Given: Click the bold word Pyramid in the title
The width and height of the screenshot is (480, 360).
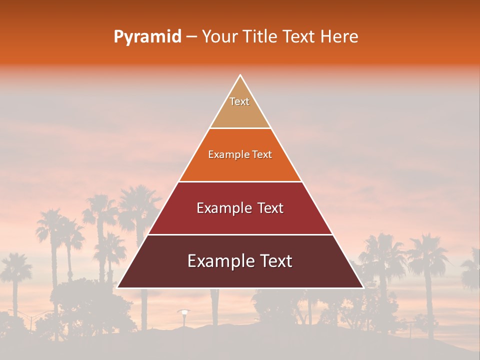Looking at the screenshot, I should point(147,37).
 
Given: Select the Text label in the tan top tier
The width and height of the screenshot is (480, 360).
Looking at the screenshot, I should point(239,101).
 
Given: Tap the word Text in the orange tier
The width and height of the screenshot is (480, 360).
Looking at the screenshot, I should point(262,155).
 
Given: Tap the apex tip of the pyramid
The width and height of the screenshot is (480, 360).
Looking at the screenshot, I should point(240,75).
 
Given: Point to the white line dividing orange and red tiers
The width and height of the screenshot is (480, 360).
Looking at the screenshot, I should point(240,181).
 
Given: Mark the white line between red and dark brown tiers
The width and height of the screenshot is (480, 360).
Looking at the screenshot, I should point(240,234).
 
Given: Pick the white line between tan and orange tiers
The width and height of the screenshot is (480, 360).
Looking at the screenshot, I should point(240,128).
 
